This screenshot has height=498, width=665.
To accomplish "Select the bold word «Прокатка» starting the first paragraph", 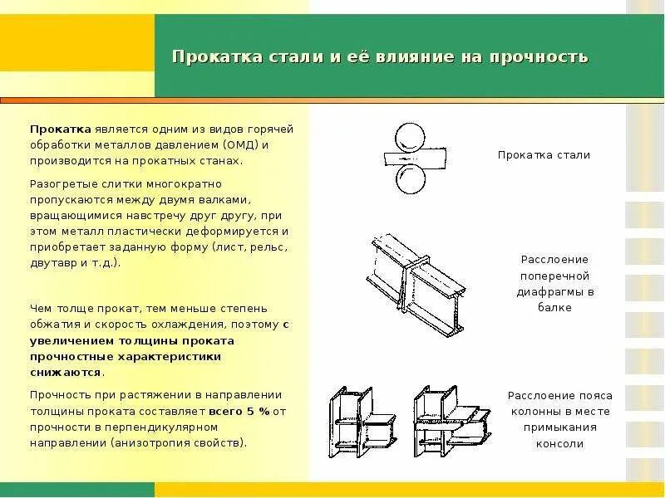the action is pyautogui.click(x=61, y=129).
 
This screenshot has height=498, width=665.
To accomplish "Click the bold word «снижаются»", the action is pyautogui.click(x=66, y=373).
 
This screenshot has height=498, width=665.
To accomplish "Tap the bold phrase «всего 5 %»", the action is pyautogui.click(x=239, y=411).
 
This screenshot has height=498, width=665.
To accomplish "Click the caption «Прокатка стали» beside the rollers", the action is pyautogui.click(x=544, y=155).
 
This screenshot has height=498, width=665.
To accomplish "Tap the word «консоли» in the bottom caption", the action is pyautogui.click(x=559, y=443).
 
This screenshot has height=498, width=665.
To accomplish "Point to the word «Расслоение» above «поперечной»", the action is pyautogui.click(x=554, y=260).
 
